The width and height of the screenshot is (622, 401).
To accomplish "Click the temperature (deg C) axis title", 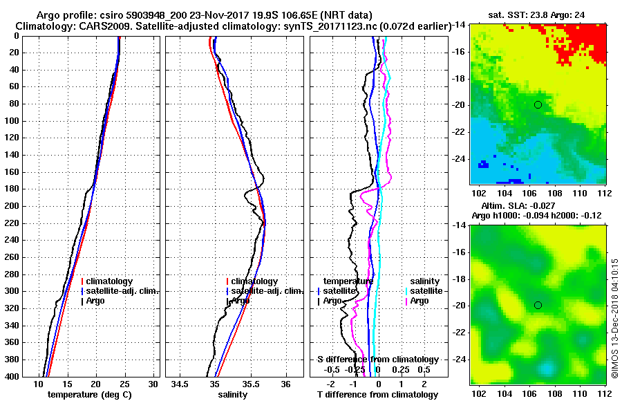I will (x=89, y=395).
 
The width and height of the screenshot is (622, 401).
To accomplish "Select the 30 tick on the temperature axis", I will (x=153, y=384).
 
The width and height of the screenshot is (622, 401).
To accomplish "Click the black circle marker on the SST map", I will (x=538, y=104).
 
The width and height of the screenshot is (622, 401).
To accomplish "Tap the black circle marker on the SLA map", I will (x=538, y=305).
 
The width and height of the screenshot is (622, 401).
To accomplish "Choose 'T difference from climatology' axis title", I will (x=377, y=395).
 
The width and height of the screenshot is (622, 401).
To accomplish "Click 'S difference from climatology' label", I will (x=377, y=360).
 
